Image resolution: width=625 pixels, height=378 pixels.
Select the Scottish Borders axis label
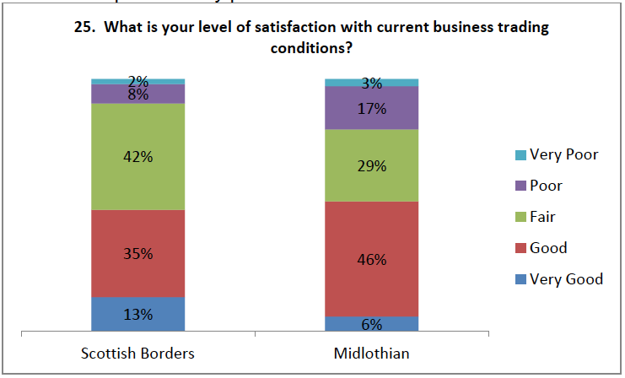coord(137,354)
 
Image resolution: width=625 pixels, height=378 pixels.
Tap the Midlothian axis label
coord(372,354)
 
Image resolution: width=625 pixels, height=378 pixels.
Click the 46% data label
coord(372,260)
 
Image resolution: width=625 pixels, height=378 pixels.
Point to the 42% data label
coord(138,157)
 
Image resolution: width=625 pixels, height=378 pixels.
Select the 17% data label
coord(372,108)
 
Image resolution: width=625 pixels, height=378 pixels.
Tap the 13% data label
coord(138,315)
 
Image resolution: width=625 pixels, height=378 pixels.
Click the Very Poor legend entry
coord(556,154)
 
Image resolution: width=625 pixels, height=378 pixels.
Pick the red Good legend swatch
coord(520,249)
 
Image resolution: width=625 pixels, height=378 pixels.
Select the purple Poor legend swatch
coord(520,186)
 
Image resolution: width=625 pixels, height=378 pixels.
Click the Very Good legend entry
coord(558,279)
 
